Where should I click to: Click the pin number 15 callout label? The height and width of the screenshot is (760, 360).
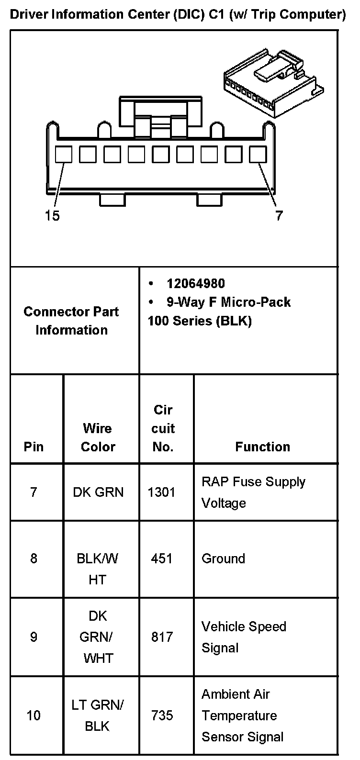pos(53,216)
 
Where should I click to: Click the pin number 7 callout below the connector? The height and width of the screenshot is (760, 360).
pos(279,216)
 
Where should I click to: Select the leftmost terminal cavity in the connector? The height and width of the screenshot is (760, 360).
pos(64,154)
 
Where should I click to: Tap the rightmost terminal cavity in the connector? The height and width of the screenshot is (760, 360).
pos(258,154)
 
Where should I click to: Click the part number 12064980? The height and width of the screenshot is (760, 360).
pos(195,284)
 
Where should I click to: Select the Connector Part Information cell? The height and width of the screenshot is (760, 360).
pos(71,321)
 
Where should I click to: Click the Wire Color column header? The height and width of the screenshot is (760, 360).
pos(98,437)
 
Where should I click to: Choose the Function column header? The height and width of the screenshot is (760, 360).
pos(262,447)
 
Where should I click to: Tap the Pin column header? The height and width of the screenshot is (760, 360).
pos(34,447)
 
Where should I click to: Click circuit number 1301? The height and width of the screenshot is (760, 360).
pos(162,492)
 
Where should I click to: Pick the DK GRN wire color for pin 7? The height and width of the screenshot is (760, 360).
pos(98,492)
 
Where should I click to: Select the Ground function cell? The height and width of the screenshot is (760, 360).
pos(223,559)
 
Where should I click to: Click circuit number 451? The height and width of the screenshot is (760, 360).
pos(162,559)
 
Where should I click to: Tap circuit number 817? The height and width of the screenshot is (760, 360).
pos(162,637)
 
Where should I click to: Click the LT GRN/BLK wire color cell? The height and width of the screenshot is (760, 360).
pos(98,715)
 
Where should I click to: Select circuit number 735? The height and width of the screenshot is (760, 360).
pos(162,715)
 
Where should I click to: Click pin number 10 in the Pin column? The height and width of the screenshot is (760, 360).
pos(34,715)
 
